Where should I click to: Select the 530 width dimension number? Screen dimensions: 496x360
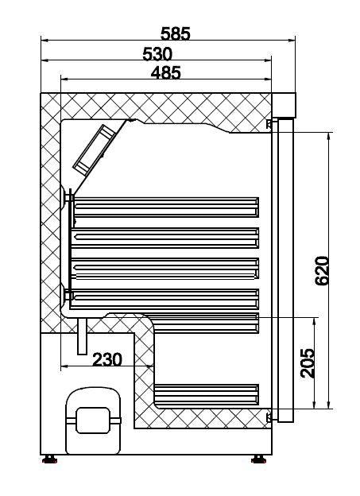tap(157, 53)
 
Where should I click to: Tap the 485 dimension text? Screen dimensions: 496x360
tap(165, 72)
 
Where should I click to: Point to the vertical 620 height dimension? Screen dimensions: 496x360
tap(322, 270)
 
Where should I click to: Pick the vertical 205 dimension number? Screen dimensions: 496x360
tap(308, 362)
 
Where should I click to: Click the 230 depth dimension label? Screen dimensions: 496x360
tap(106, 359)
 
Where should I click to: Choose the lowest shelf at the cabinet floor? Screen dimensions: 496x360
tap(207, 393)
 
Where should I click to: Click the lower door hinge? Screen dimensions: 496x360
tap(270, 417)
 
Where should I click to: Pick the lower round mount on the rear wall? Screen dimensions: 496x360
tap(64, 294)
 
